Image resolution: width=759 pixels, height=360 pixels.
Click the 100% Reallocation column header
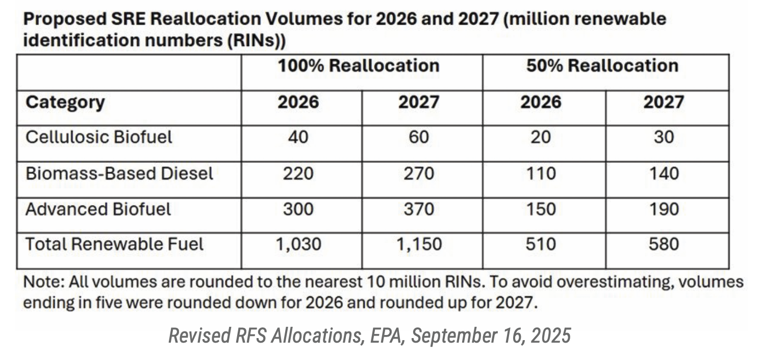(358, 66)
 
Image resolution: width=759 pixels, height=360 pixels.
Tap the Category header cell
(65, 102)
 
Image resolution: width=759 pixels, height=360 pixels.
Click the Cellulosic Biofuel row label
(99, 137)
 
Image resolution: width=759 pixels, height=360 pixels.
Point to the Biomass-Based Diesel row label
(119, 173)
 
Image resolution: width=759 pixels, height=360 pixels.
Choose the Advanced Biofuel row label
(98, 209)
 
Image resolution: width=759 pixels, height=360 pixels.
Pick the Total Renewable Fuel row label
(114, 244)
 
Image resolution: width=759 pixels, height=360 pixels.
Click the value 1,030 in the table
(298, 244)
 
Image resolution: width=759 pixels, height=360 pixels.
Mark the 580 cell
(664, 244)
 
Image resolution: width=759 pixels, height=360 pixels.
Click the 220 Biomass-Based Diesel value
(298, 173)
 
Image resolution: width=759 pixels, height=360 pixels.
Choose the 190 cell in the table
(664, 209)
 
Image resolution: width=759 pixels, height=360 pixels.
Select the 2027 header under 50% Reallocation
(664, 102)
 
